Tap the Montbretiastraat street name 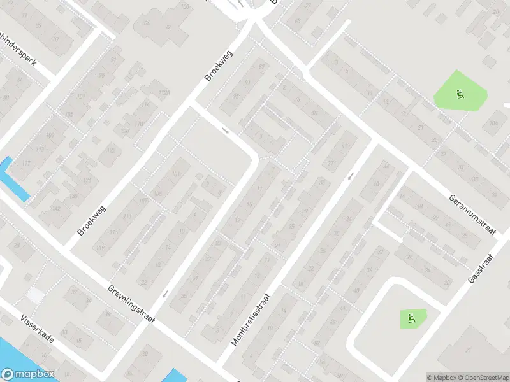click(251, 319)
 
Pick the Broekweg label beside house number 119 click(91, 220)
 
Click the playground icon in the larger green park click(460, 95)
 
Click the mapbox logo click(27, 374)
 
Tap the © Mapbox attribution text click(442, 377)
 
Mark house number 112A click(165, 92)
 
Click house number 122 click(112, 151)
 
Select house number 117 click(26, 163)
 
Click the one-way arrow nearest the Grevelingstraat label click(166, 294)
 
